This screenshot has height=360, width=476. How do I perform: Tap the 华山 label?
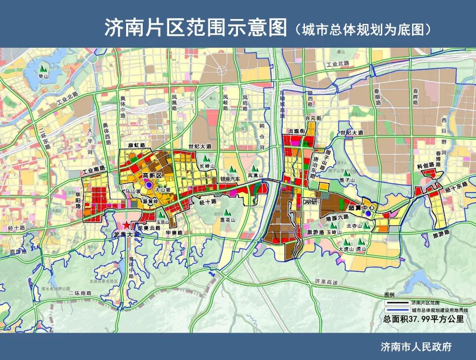tap(43, 76)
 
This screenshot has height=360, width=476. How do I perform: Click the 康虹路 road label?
tap(137, 145)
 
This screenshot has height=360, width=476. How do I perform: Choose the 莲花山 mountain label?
tap(227, 219)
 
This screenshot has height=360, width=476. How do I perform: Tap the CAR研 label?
tap(310, 201)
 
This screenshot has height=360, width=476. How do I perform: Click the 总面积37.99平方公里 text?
tap(424, 319)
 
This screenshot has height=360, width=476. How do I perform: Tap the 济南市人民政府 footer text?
tap(416, 347)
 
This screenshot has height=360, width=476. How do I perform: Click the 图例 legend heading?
tap(390, 294)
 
